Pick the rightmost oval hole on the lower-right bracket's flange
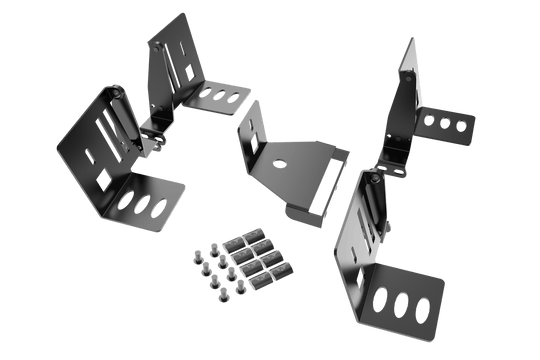click(x=423, y=308)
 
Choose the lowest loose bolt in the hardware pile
click(x=218, y=298)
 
